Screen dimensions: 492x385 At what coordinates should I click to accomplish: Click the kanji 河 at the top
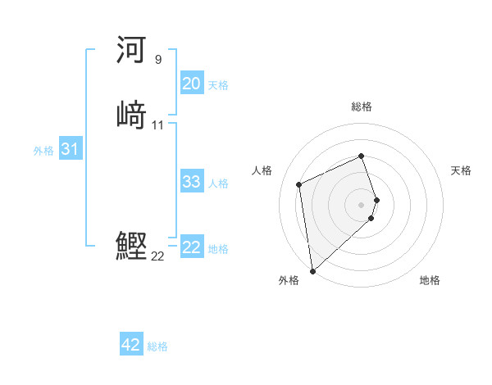tap(131, 52)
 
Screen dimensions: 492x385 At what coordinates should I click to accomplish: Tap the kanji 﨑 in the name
tap(131, 115)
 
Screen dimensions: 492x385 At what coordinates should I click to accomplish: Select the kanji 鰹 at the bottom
tap(131, 247)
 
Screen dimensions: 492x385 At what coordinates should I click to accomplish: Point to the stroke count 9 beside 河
tap(157, 60)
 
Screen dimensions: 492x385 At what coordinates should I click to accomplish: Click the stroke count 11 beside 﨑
tap(157, 125)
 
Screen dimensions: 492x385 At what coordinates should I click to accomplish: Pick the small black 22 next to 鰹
tap(157, 256)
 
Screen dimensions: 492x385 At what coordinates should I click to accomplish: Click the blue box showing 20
tap(191, 84)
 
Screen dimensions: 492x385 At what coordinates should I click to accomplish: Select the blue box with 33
tap(191, 182)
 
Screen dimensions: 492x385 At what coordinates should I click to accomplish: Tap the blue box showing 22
tap(191, 247)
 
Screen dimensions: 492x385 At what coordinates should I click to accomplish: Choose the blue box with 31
tap(71, 150)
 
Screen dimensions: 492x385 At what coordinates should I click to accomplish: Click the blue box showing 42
tap(131, 346)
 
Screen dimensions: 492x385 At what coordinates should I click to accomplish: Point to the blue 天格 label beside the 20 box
tap(218, 85)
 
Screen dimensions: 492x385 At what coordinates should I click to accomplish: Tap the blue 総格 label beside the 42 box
tap(157, 346)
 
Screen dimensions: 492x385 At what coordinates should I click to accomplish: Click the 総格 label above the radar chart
tap(362, 106)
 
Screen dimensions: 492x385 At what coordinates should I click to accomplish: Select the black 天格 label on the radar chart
tap(461, 170)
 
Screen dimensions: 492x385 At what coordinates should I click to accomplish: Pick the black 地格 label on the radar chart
tap(430, 280)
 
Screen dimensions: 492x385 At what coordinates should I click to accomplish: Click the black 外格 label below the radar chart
tap(289, 280)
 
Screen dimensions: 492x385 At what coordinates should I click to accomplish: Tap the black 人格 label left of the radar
tap(262, 170)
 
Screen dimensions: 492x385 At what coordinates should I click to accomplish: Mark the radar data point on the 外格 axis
tap(312, 270)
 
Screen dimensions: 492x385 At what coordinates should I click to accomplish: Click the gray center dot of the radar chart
tap(362, 204)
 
